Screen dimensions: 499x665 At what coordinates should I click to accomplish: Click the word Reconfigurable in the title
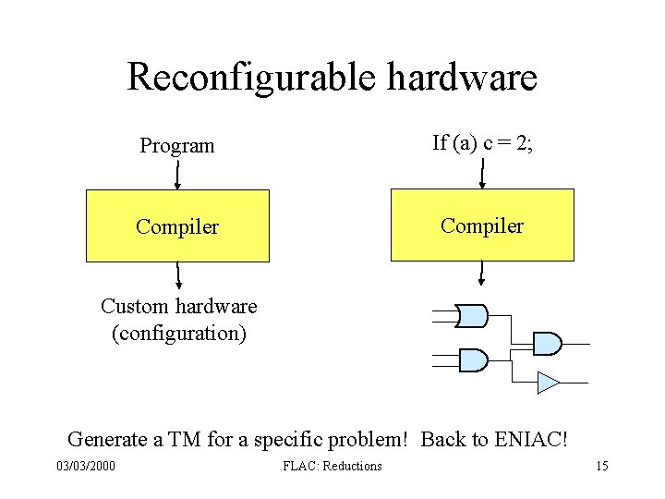click(x=251, y=78)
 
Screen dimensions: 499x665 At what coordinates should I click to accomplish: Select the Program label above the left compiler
click(x=177, y=146)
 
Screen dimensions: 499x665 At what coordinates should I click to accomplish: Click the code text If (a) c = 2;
click(x=481, y=142)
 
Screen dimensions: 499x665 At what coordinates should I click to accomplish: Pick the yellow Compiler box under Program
click(x=177, y=226)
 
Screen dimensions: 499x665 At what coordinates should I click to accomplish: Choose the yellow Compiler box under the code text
click(x=482, y=225)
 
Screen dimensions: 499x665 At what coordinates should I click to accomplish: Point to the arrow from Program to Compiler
click(x=177, y=174)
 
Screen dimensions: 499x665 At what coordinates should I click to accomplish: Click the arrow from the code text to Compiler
click(x=481, y=172)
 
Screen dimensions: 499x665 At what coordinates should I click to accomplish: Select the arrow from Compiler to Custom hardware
click(x=178, y=275)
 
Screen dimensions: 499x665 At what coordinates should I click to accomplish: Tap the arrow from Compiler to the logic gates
click(x=481, y=274)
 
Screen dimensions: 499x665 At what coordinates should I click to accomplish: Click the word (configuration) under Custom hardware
click(x=178, y=333)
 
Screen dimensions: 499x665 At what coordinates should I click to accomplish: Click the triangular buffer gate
click(x=548, y=381)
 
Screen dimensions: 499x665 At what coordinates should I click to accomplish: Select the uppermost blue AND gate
click(x=473, y=316)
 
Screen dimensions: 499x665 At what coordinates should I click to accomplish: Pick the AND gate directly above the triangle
click(x=548, y=343)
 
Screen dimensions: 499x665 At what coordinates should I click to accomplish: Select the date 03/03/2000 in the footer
click(x=86, y=467)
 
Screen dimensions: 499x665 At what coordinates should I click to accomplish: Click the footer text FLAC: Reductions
click(x=332, y=467)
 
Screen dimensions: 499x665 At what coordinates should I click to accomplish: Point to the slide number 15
click(x=601, y=467)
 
